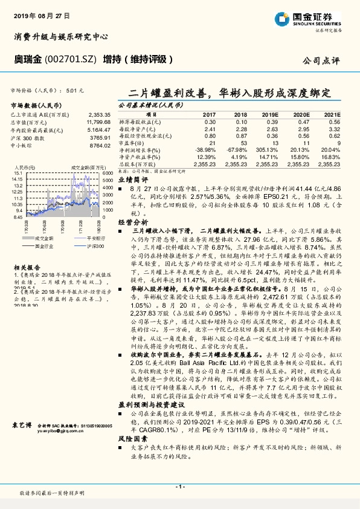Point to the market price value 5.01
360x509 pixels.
point(74,89)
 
